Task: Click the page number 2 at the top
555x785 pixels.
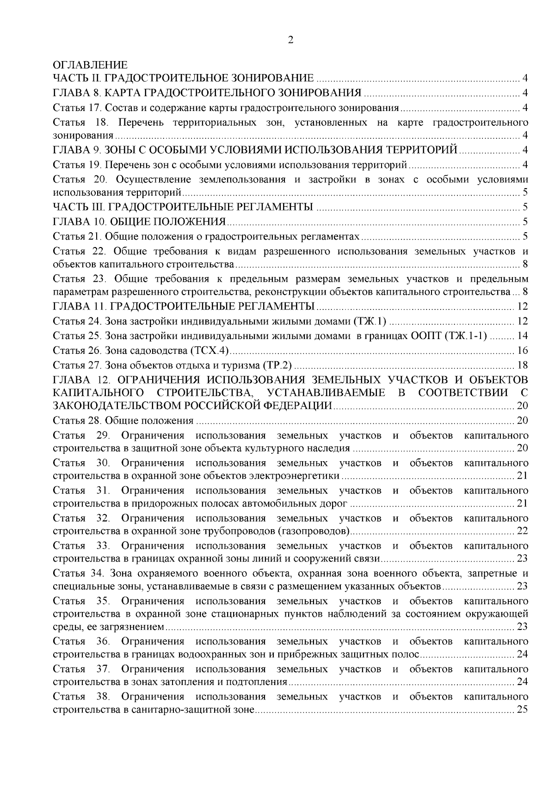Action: pyautogui.click(x=290, y=40)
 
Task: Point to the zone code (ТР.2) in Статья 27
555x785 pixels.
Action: pyautogui.click(x=277, y=365)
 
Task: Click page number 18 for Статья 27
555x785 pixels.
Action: pyautogui.click(x=523, y=365)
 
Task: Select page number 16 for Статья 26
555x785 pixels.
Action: pyautogui.click(x=523, y=350)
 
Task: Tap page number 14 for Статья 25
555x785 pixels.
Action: pyautogui.click(x=523, y=335)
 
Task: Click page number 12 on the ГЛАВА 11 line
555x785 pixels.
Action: pyautogui.click(x=523, y=306)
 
